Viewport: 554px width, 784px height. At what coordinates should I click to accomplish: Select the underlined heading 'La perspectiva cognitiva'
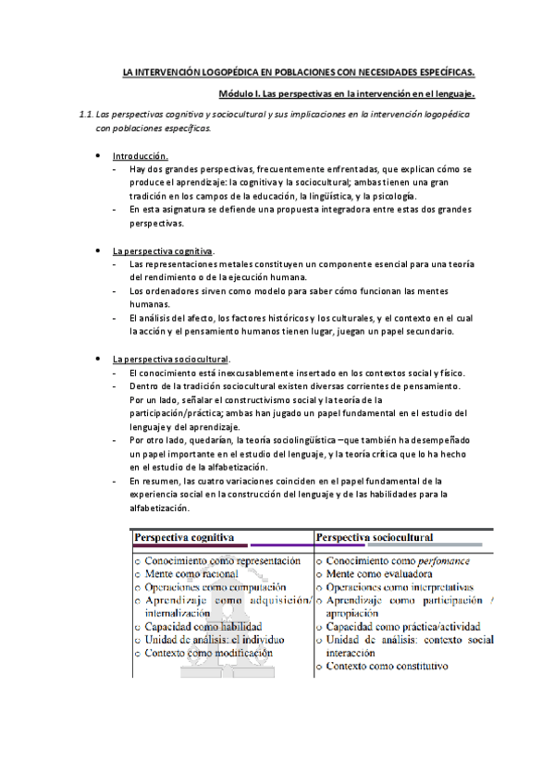(x=163, y=251)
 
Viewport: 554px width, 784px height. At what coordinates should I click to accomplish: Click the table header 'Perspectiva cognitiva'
(x=184, y=537)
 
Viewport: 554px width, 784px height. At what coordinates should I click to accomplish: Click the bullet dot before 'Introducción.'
(x=98, y=155)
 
